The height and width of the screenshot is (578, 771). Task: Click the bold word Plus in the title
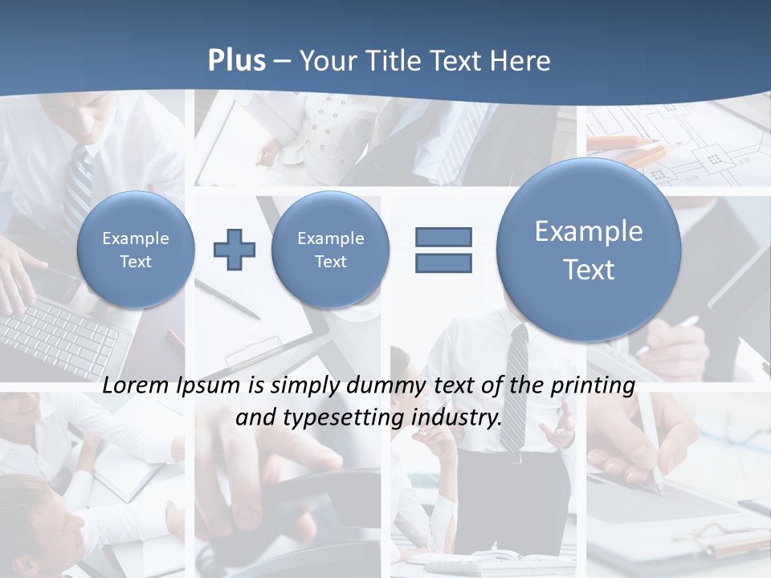pyautogui.click(x=236, y=61)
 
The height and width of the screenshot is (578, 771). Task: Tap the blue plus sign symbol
pyautogui.click(x=235, y=250)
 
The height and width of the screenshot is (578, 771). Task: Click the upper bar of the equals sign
pyautogui.click(x=443, y=238)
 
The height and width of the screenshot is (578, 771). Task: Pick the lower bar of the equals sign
pyautogui.click(x=443, y=263)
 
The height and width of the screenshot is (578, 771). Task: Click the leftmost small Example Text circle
pyautogui.click(x=136, y=250)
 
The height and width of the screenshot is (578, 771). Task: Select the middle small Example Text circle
pyautogui.click(x=330, y=250)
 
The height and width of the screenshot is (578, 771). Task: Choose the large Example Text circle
pyautogui.click(x=589, y=250)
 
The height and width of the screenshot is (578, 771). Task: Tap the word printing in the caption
pyautogui.click(x=594, y=385)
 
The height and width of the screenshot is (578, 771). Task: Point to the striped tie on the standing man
pyautogui.click(x=515, y=385)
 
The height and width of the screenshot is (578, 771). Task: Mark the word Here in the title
pyautogui.click(x=523, y=61)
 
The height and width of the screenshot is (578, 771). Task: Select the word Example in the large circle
pyautogui.click(x=589, y=231)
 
